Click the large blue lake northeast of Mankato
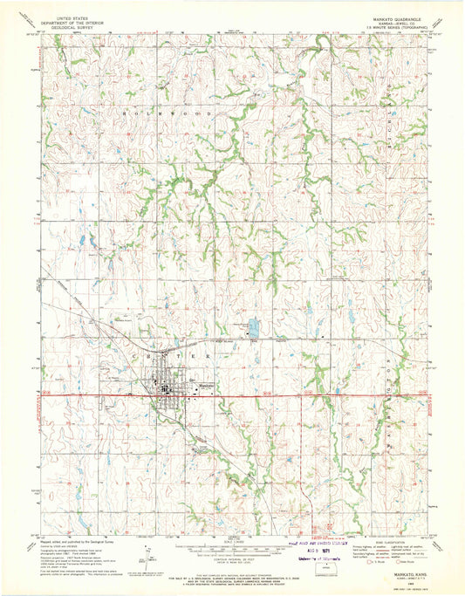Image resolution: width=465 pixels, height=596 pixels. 254,329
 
